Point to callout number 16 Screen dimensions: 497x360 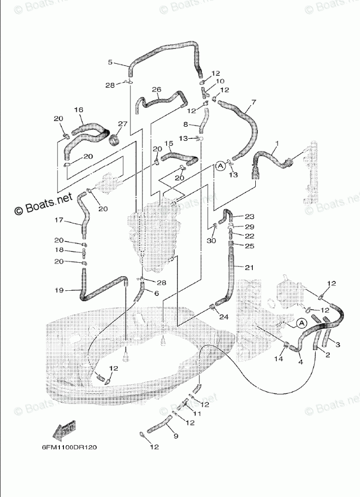click(x=79, y=110)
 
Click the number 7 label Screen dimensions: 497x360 click(x=253, y=102)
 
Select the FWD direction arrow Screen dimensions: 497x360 click(x=65, y=431)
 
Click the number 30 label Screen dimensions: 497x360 click(x=211, y=240)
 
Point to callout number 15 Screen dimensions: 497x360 click(x=168, y=143)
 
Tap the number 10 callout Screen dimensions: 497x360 click(x=220, y=81)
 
